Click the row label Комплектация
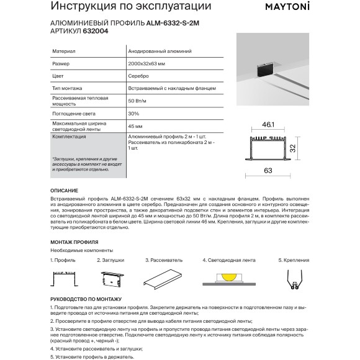[x=71, y=135]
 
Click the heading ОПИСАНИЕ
[x=64, y=190]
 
